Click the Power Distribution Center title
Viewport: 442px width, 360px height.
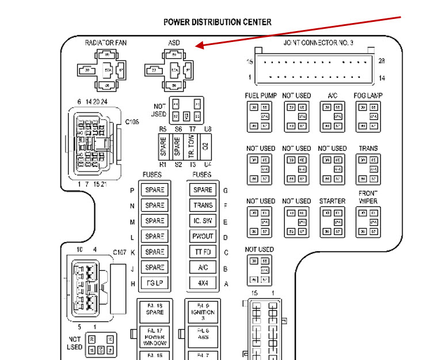(x=218, y=22)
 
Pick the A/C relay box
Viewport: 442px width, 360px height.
(x=332, y=116)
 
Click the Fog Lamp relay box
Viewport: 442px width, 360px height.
(x=368, y=116)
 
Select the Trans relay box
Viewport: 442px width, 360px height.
(x=368, y=169)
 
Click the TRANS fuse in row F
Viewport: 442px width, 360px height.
(x=203, y=206)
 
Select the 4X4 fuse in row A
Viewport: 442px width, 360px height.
(x=203, y=283)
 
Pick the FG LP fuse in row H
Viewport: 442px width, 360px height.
(x=154, y=283)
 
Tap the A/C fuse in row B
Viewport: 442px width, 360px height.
(x=203, y=268)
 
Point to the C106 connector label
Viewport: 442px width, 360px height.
(x=133, y=122)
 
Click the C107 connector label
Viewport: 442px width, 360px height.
(x=120, y=252)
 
